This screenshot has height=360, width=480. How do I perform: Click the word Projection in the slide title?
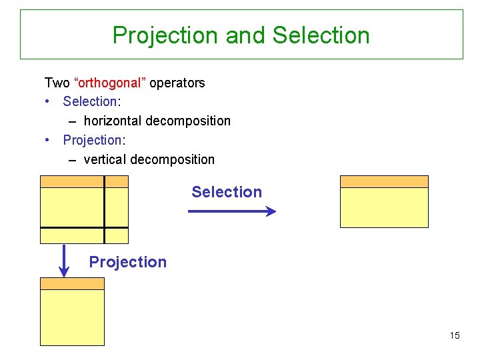point(166,35)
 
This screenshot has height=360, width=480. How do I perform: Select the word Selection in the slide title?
point(321,35)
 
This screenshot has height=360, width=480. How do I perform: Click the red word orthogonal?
point(111,83)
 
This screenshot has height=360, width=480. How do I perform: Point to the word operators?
point(177,83)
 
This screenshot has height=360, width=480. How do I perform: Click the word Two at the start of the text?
point(57,83)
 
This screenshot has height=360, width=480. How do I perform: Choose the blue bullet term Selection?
point(91,102)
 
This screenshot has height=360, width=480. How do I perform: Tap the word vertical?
point(105,159)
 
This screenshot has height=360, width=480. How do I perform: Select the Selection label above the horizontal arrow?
point(227,192)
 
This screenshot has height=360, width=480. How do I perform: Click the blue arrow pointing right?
point(232,211)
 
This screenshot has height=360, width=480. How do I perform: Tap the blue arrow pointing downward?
point(64,261)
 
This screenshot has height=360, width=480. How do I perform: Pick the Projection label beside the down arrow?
point(128,262)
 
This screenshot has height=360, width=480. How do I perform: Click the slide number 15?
point(454,335)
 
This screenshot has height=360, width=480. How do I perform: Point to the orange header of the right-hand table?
point(384,181)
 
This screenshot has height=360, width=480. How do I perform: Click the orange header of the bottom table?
point(72,283)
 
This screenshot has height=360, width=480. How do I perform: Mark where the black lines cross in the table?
point(105,228)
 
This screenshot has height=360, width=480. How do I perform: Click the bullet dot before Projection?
point(47,140)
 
